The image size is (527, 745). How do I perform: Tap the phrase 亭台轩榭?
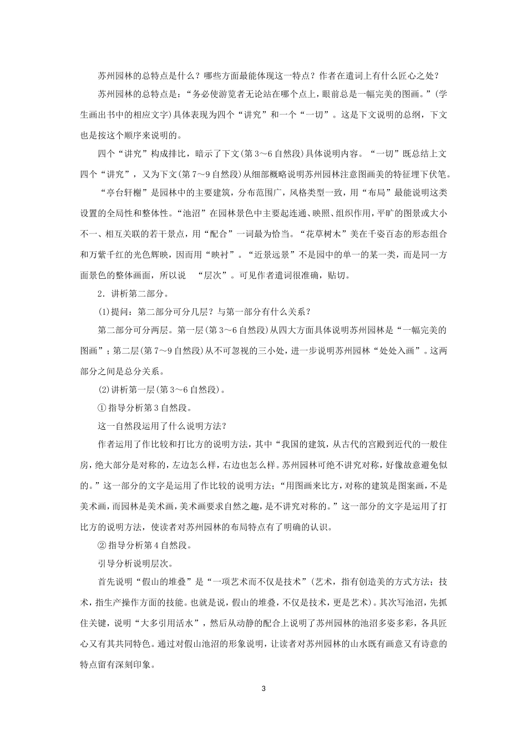coord(123,193)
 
